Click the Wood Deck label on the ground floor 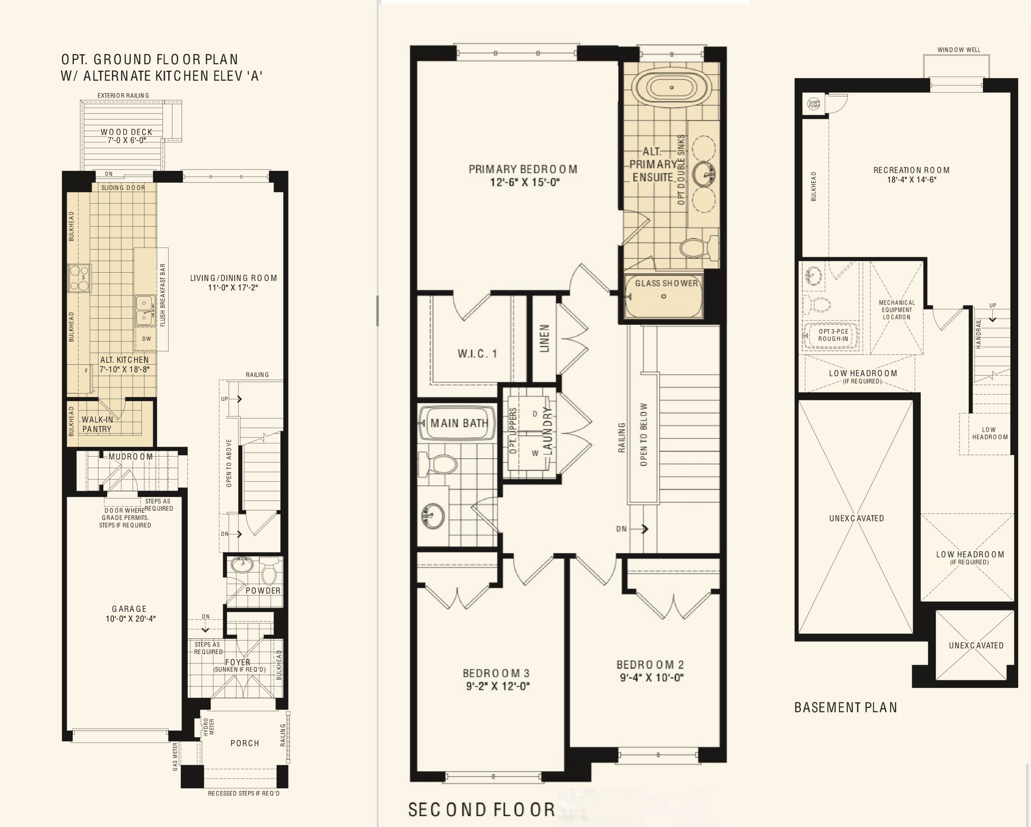coord(126,132)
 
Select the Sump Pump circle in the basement coord(813,103)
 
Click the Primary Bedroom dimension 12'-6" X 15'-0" coord(524,182)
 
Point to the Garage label coord(129,609)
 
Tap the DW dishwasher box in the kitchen coord(146,339)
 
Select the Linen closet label coord(544,339)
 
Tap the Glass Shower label coord(666,283)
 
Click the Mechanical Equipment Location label coord(897,310)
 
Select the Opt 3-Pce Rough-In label coord(833,335)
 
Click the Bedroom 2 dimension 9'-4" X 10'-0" coord(651,677)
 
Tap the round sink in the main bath coord(432,515)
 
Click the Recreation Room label coord(911,170)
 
